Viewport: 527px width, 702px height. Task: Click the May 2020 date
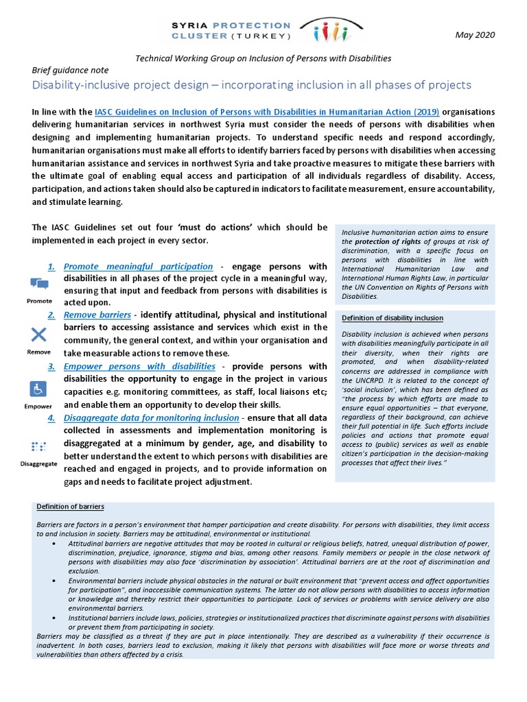[x=474, y=35]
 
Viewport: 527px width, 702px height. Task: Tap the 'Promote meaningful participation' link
[x=138, y=266]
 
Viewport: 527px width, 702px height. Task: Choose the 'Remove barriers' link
[x=97, y=315]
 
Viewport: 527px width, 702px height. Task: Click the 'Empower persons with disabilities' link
[x=139, y=367]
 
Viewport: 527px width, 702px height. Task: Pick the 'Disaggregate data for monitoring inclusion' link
[x=152, y=417]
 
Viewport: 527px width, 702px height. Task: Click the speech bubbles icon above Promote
[x=39, y=284]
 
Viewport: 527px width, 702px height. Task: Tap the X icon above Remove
[x=39, y=335]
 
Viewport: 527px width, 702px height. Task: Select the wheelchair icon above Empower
[x=38, y=389]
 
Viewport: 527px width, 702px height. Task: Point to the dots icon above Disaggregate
[x=38, y=446]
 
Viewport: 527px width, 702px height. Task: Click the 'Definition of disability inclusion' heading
[x=392, y=318]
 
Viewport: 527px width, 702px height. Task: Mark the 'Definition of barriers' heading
[x=70, y=507]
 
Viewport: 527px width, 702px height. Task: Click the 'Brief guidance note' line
[x=70, y=70]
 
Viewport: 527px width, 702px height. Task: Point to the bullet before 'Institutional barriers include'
[x=54, y=618]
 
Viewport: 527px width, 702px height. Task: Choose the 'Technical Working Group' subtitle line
[x=263, y=58]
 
